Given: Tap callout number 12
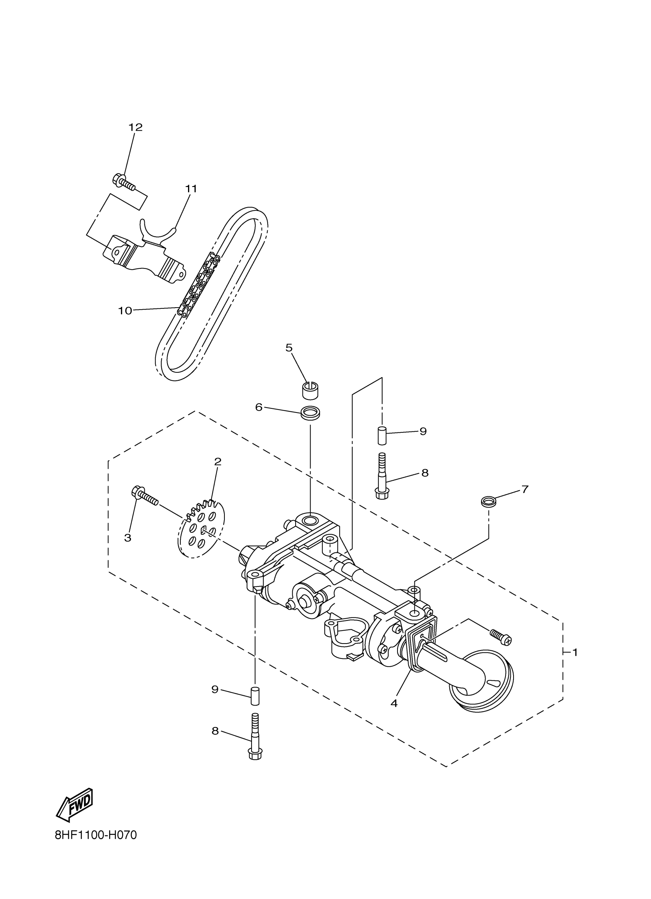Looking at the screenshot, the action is pyautogui.click(x=135, y=127).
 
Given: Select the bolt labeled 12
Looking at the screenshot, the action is pyautogui.click(x=124, y=183).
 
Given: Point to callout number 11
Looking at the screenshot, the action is pyautogui.click(x=191, y=189).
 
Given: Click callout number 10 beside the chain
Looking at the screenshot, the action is pyautogui.click(x=125, y=311).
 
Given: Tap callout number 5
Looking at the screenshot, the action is pyautogui.click(x=289, y=348).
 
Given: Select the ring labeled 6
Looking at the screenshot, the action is pyautogui.click(x=311, y=413).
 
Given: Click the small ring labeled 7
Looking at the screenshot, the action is pyautogui.click(x=488, y=502).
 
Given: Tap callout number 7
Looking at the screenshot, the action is pyautogui.click(x=525, y=490).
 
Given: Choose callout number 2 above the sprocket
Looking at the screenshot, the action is pyautogui.click(x=218, y=462).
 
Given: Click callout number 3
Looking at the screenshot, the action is pyautogui.click(x=128, y=538).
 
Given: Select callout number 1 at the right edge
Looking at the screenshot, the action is pyautogui.click(x=575, y=652).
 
